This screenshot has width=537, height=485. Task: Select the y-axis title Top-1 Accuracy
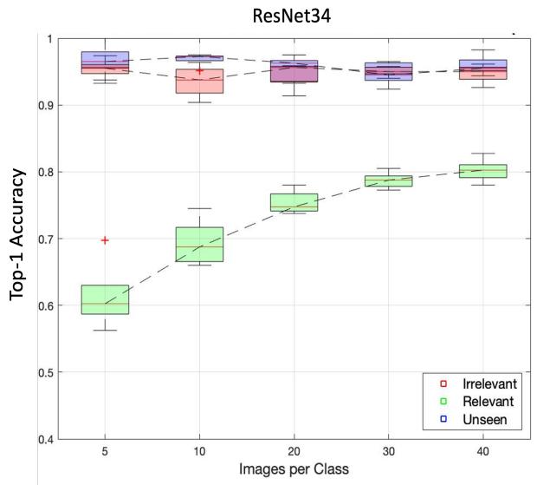coord(19,234)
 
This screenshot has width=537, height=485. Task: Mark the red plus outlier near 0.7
coord(105,239)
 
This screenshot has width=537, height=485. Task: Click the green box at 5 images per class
coord(105,299)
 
